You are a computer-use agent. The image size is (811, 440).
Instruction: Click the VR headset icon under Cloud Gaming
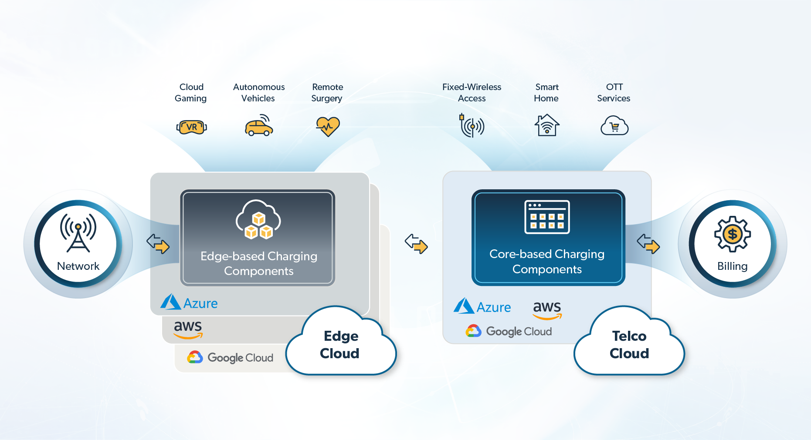(x=191, y=127)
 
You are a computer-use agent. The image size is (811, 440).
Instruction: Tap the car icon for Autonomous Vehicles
(x=259, y=126)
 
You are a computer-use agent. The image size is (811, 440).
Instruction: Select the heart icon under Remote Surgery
(x=328, y=127)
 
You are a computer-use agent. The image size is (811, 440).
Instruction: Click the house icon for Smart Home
(x=547, y=125)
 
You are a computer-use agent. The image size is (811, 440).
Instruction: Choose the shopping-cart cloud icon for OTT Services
(x=614, y=126)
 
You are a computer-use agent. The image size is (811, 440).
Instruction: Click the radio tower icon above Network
(x=78, y=232)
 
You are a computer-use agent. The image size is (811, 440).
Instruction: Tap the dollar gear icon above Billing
(x=732, y=234)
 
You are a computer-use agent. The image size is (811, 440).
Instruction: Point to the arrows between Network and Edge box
(x=158, y=244)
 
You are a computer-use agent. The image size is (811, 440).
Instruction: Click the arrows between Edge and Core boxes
(x=416, y=244)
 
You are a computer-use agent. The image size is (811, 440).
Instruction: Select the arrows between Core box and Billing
(x=648, y=244)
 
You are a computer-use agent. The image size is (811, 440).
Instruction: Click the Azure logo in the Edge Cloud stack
(x=189, y=302)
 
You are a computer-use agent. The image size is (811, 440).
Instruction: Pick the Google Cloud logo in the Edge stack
(x=230, y=358)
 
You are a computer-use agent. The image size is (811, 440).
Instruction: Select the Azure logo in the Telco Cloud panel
(x=482, y=306)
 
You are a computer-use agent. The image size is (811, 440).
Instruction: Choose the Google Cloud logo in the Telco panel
(x=509, y=332)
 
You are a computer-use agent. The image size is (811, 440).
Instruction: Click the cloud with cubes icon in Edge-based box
(x=258, y=220)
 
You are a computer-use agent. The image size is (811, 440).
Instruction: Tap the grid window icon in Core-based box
(x=547, y=217)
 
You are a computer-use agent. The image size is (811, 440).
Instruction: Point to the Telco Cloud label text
(x=629, y=345)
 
